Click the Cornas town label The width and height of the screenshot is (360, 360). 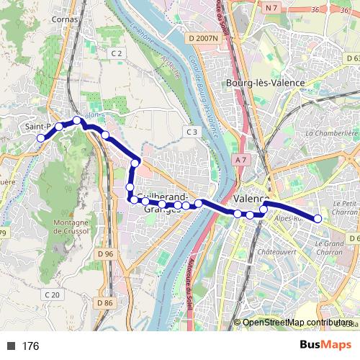(x=65, y=20)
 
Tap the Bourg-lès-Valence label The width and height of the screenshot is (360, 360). (x=265, y=83)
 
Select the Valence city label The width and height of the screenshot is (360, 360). (x=252, y=199)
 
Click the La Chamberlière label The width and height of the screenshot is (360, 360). (x=332, y=133)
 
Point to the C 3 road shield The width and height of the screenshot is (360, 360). (x=191, y=132)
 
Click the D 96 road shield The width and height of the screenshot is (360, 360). (x=105, y=254)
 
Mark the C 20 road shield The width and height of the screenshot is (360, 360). (x=52, y=294)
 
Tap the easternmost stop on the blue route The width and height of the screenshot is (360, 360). (x=318, y=219)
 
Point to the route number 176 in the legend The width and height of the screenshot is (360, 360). (x=30, y=346)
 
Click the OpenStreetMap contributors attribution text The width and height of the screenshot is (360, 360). (x=297, y=323)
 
